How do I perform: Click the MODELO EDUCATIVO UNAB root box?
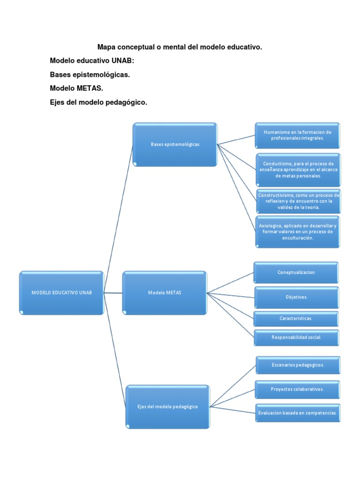pos(61,292)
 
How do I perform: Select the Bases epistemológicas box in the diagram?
pos(175,144)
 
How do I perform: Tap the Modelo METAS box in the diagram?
pos(165,292)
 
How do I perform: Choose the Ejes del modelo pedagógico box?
pos(168,406)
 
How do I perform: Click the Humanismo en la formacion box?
pos(297,135)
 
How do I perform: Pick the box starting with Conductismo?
pos(297,169)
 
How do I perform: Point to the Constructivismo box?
pos(297,201)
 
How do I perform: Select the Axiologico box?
pos(297,232)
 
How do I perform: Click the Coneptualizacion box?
pos(296,272)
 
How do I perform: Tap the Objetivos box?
pos(296,297)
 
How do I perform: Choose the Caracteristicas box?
pos(296,318)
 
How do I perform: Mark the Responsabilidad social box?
pos(296,337)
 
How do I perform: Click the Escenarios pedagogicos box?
pos(298,365)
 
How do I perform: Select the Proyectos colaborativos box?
pos(298,389)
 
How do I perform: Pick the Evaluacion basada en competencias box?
pos(298,413)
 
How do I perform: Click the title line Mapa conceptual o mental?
pos(180,47)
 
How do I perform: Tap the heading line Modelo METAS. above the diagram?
pos(76,89)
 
